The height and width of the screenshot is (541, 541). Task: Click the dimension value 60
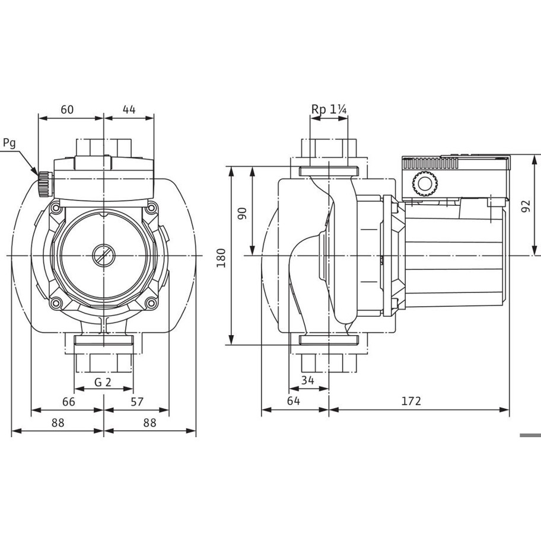[x=67, y=109]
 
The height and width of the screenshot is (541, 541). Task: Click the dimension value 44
[x=129, y=109]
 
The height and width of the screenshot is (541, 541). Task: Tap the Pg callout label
[x=9, y=143]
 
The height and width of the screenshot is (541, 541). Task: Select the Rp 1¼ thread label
[x=329, y=109]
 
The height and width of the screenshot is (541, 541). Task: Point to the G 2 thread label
[x=103, y=382]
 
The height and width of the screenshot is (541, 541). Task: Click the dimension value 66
[x=69, y=402]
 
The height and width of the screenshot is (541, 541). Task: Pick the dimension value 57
[x=137, y=402]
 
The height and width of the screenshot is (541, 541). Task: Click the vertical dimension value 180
[x=221, y=257]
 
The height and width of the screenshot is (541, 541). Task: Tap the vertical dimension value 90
[x=242, y=214]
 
